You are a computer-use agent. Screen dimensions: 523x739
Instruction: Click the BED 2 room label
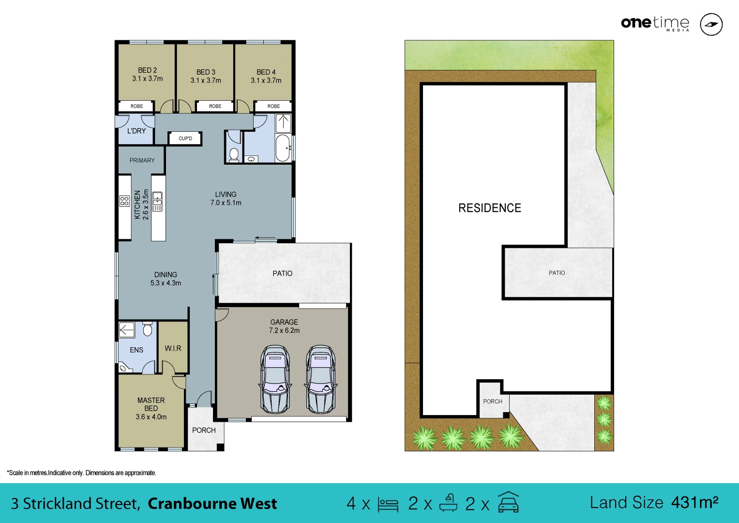(x=148, y=71)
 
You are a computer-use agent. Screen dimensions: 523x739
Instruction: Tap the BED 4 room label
(x=266, y=72)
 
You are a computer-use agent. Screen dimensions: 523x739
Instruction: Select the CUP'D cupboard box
(x=185, y=138)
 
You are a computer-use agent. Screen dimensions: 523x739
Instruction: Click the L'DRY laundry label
(x=136, y=131)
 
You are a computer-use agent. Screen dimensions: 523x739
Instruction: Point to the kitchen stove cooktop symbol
(x=124, y=201)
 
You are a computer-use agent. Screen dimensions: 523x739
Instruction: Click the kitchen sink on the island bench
(x=157, y=201)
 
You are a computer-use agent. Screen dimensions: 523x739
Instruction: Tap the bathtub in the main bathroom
(x=283, y=148)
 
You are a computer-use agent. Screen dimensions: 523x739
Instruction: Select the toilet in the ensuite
(x=148, y=329)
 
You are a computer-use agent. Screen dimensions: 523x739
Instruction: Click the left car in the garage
(x=275, y=379)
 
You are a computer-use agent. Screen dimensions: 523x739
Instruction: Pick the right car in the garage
(x=320, y=379)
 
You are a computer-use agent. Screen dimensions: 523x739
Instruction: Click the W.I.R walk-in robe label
(x=173, y=348)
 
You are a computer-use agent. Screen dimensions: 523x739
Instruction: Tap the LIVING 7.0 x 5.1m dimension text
(x=226, y=203)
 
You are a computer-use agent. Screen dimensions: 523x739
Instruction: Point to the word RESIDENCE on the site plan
(x=490, y=208)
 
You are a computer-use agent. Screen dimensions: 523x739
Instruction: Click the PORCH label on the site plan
(x=493, y=401)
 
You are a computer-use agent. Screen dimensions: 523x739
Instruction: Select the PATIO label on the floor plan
(x=282, y=274)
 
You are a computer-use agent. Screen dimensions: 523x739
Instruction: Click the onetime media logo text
(x=655, y=23)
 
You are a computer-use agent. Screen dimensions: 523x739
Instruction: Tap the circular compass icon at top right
(x=711, y=24)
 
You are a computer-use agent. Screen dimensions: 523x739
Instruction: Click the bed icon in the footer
(x=388, y=505)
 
